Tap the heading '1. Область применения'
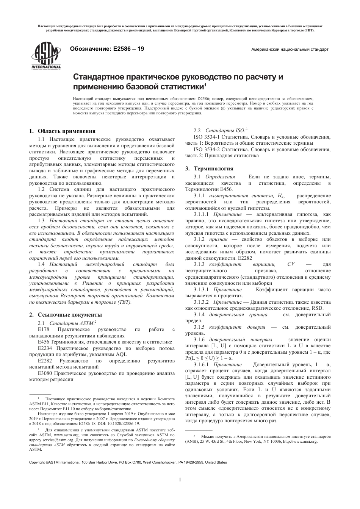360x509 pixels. coord(63,131)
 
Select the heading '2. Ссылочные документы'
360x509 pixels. coord(66,315)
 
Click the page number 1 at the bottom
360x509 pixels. coord(180,480)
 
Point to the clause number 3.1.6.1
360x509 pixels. coord(201,364)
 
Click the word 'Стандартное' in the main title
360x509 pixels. coord(99,77)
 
